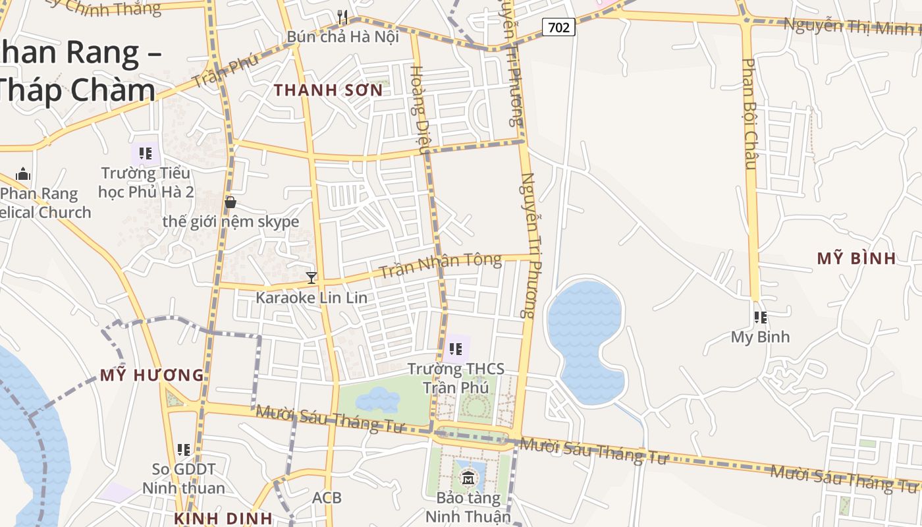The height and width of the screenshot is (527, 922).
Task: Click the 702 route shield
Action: click(x=559, y=27)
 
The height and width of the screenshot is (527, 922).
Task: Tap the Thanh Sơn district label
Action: click(x=328, y=90)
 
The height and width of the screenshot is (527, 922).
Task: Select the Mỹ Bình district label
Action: click(x=856, y=258)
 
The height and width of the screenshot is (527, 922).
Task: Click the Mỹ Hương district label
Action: click(x=151, y=375)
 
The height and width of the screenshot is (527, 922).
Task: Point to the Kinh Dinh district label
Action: click(x=223, y=518)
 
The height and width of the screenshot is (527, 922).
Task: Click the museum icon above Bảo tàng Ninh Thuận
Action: click(x=468, y=477)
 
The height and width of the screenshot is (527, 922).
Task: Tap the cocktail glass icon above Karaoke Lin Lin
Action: click(x=312, y=278)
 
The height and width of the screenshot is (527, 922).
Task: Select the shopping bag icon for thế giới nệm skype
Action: click(x=230, y=202)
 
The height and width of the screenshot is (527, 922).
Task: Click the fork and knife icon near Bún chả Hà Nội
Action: click(x=342, y=16)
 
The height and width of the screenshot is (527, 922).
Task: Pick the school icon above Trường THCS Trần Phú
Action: click(x=455, y=348)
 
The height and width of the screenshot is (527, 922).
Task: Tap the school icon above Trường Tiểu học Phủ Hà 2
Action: click(x=146, y=154)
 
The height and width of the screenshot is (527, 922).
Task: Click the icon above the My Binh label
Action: click(x=761, y=318)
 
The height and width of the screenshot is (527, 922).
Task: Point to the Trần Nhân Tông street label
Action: click(x=441, y=265)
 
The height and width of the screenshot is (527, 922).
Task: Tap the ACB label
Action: click(x=327, y=497)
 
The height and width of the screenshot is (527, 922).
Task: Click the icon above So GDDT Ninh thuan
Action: click(x=184, y=450)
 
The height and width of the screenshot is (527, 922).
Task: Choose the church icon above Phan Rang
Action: click(x=23, y=174)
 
